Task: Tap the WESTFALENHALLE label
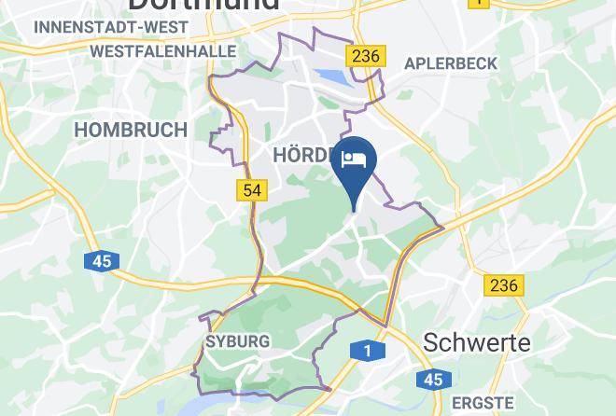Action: [x=163, y=51]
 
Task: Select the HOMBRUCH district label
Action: [x=130, y=130]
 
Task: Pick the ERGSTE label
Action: [x=483, y=403]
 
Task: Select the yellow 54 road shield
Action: [x=252, y=190]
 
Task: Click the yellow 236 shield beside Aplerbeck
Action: [x=365, y=56]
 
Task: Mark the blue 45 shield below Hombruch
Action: [x=102, y=261]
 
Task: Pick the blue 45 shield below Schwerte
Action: [x=432, y=379]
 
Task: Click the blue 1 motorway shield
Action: [x=369, y=352]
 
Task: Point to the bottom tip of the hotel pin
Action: [x=355, y=210]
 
